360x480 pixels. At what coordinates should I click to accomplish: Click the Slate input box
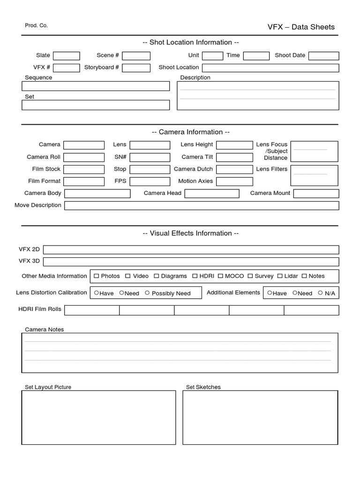pyautogui.click(x=67, y=56)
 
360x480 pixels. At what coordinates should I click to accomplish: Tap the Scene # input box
pyautogui.click(x=136, y=56)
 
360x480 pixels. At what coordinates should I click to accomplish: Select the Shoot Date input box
pyautogui.click(x=323, y=56)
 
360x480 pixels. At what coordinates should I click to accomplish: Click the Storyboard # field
pyautogui.click(x=136, y=68)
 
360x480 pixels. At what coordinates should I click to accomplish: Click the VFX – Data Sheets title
pyautogui.click(x=301, y=27)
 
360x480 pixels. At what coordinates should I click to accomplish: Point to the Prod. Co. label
pyautogui.click(x=36, y=25)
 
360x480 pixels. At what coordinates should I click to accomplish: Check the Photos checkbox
pyautogui.click(x=96, y=276)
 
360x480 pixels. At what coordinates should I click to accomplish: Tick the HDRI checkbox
pyautogui.click(x=195, y=276)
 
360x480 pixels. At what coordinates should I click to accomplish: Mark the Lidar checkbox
pyautogui.click(x=280, y=276)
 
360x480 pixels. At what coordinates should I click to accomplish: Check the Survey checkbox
pyautogui.click(x=250, y=276)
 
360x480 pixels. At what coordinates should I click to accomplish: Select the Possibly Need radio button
pyautogui.click(x=147, y=293)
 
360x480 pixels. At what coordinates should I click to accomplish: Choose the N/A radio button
pyautogui.click(x=320, y=293)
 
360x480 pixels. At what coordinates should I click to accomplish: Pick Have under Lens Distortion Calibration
pyautogui.click(x=96, y=293)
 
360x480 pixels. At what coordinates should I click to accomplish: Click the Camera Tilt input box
pyautogui.click(x=234, y=157)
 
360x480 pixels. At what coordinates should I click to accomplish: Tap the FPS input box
pyautogui.click(x=150, y=181)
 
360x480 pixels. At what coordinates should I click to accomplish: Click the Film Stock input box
pyautogui.click(x=84, y=169)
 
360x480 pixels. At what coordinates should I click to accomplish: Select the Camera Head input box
pyautogui.click(x=212, y=194)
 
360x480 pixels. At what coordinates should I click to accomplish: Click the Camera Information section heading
pyautogui.click(x=191, y=132)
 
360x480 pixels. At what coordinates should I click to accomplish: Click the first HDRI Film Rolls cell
pyautogui.click(x=92, y=310)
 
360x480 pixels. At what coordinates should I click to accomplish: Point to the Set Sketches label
pyautogui.click(x=203, y=387)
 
